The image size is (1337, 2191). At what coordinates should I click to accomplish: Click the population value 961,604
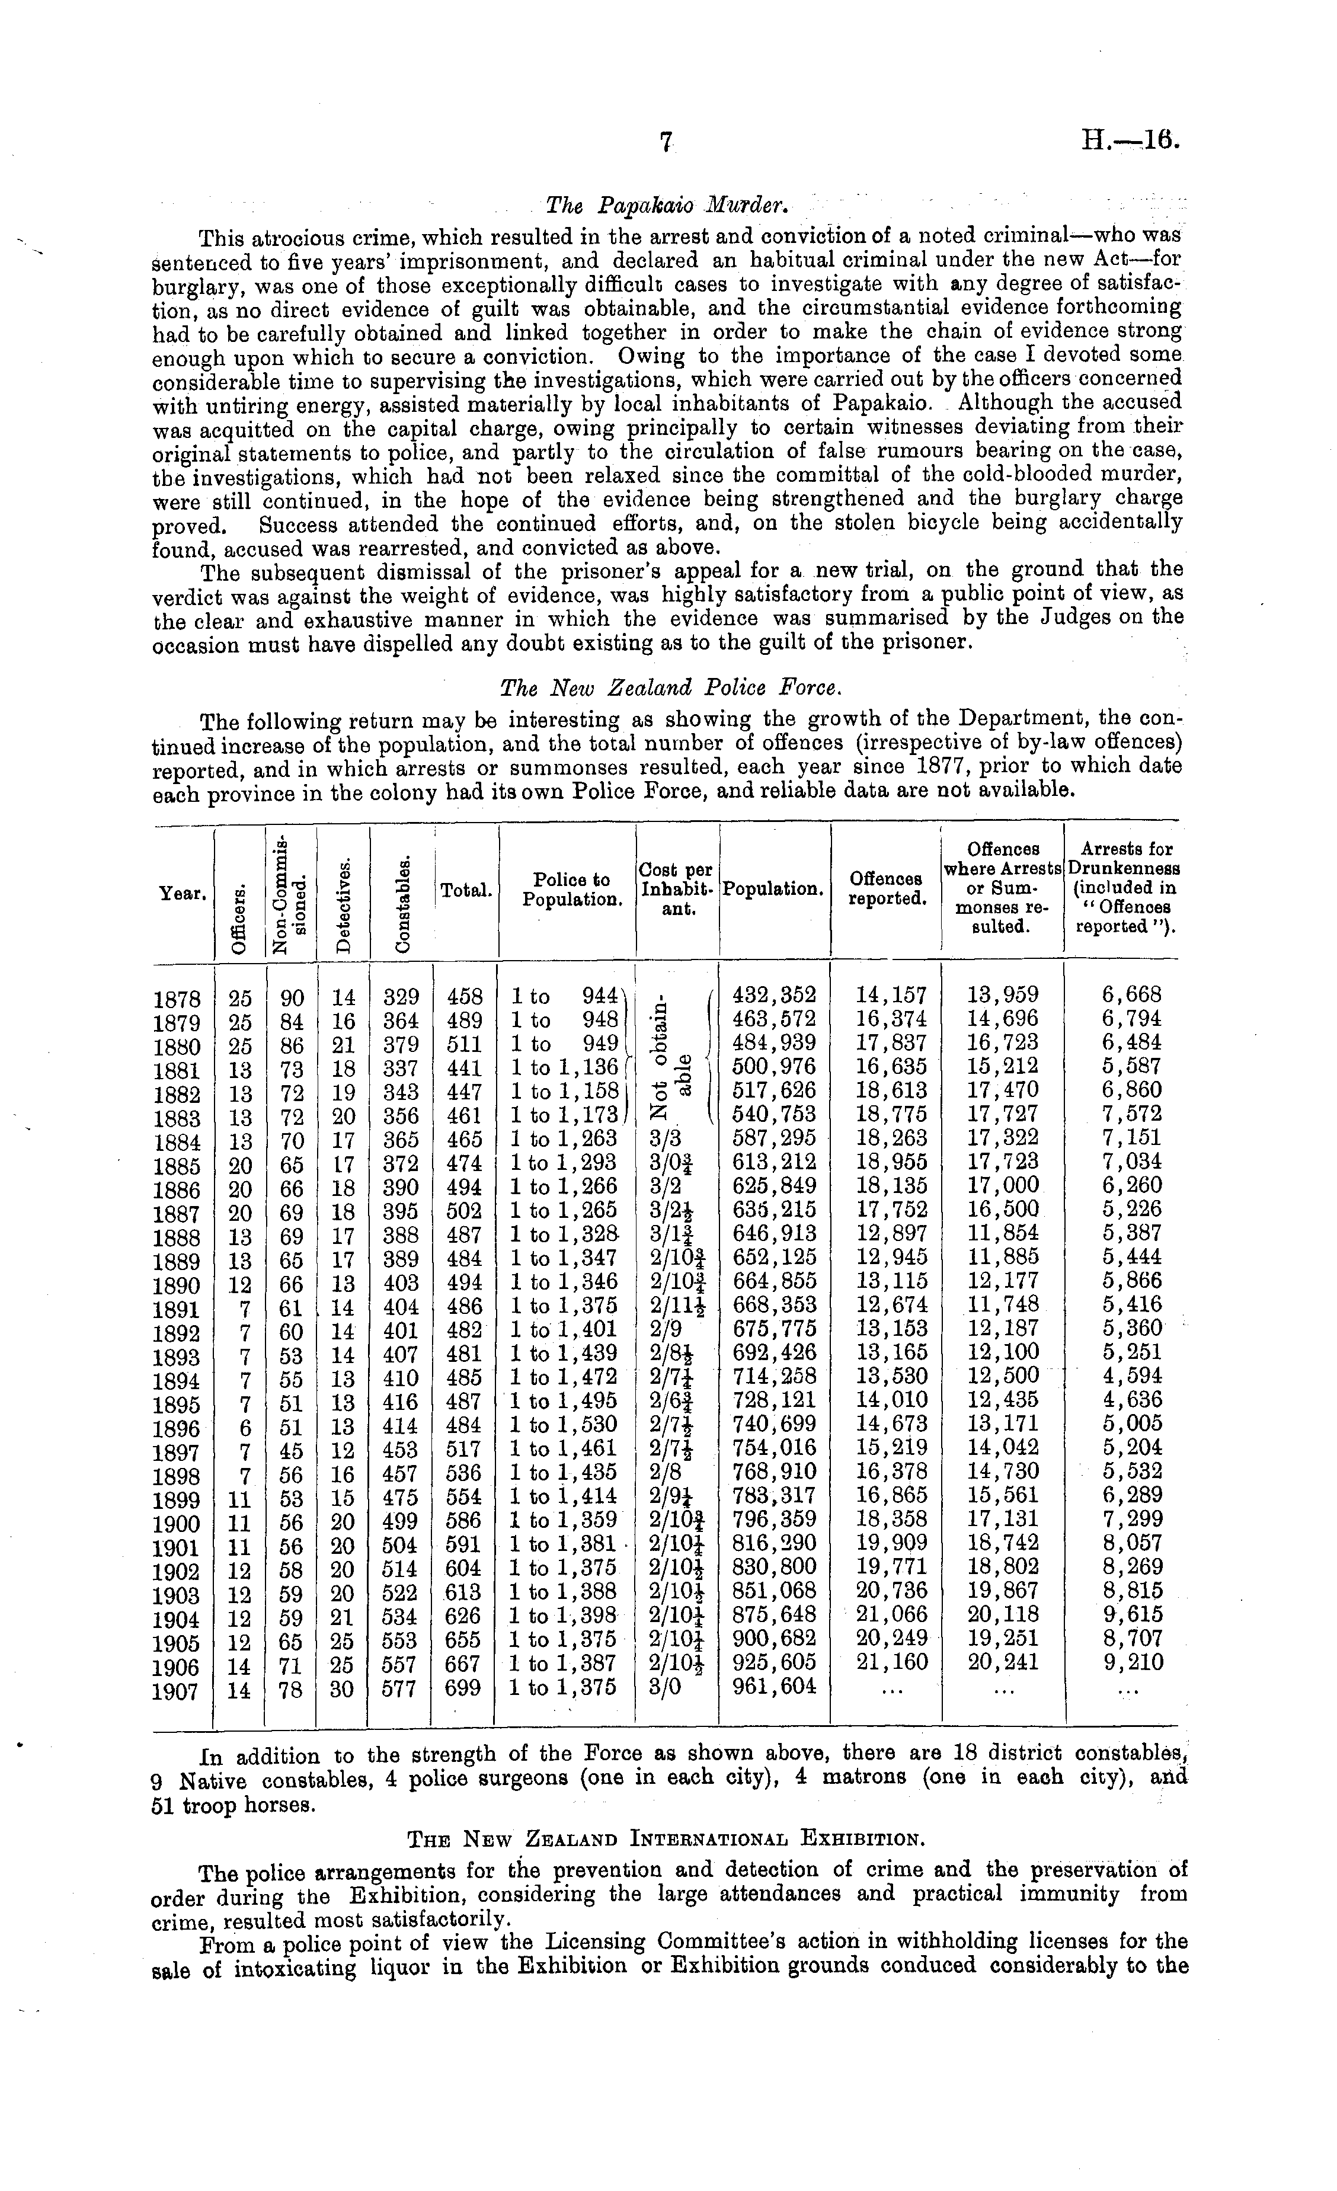pyautogui.click(x=773, y=1686)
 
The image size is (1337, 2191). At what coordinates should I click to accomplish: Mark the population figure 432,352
pyautogui.click(x=773, y=994)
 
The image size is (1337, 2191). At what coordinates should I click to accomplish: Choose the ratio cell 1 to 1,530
pyautogui.click(x=564, y=1424)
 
